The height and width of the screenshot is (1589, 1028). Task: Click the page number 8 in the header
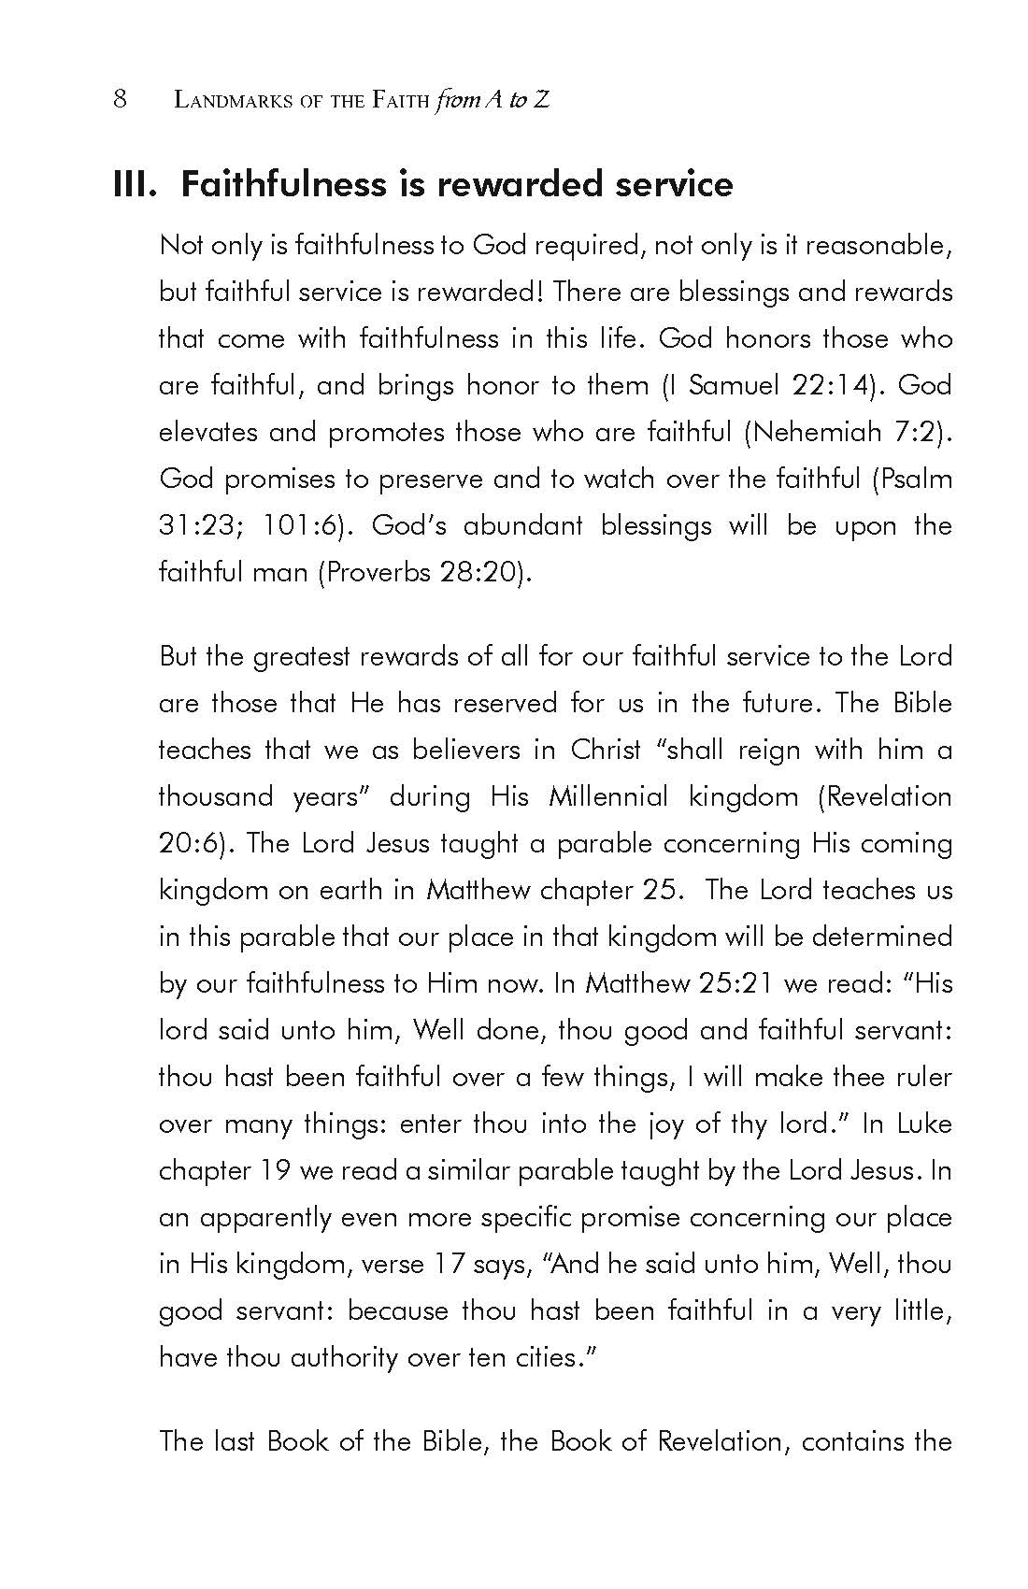[x=120, y=99]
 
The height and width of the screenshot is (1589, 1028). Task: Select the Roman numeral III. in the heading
[x=137, y=184]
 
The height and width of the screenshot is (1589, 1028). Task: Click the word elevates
[x=207, y=432]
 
